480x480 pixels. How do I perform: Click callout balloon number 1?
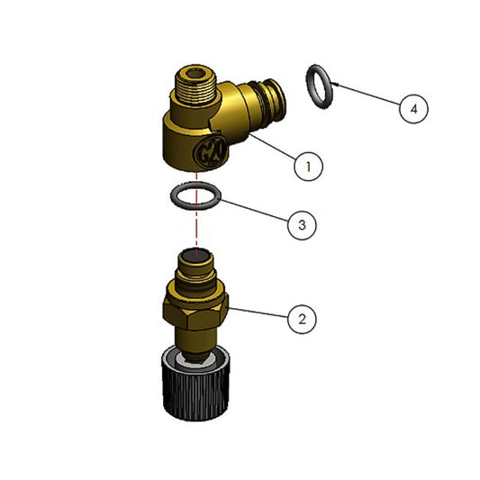pos(308,167)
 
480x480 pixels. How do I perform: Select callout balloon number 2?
pos(302,319)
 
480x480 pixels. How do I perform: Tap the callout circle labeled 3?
pos(302,225)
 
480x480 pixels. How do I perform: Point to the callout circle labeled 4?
pos(413,109)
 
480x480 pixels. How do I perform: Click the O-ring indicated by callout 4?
pos(308,87)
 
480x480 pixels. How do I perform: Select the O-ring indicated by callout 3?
pos(173,196)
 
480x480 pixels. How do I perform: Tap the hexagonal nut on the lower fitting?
pos(195,312)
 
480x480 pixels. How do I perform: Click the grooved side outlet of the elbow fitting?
pos(267,97)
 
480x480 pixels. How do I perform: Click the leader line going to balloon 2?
pos(258,312)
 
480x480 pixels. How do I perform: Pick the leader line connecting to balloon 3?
pos(255,211)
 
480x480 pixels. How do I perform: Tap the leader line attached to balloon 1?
pos(273,146)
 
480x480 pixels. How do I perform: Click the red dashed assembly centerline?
pos(196,212)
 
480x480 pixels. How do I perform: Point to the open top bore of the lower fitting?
pos(195,256)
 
